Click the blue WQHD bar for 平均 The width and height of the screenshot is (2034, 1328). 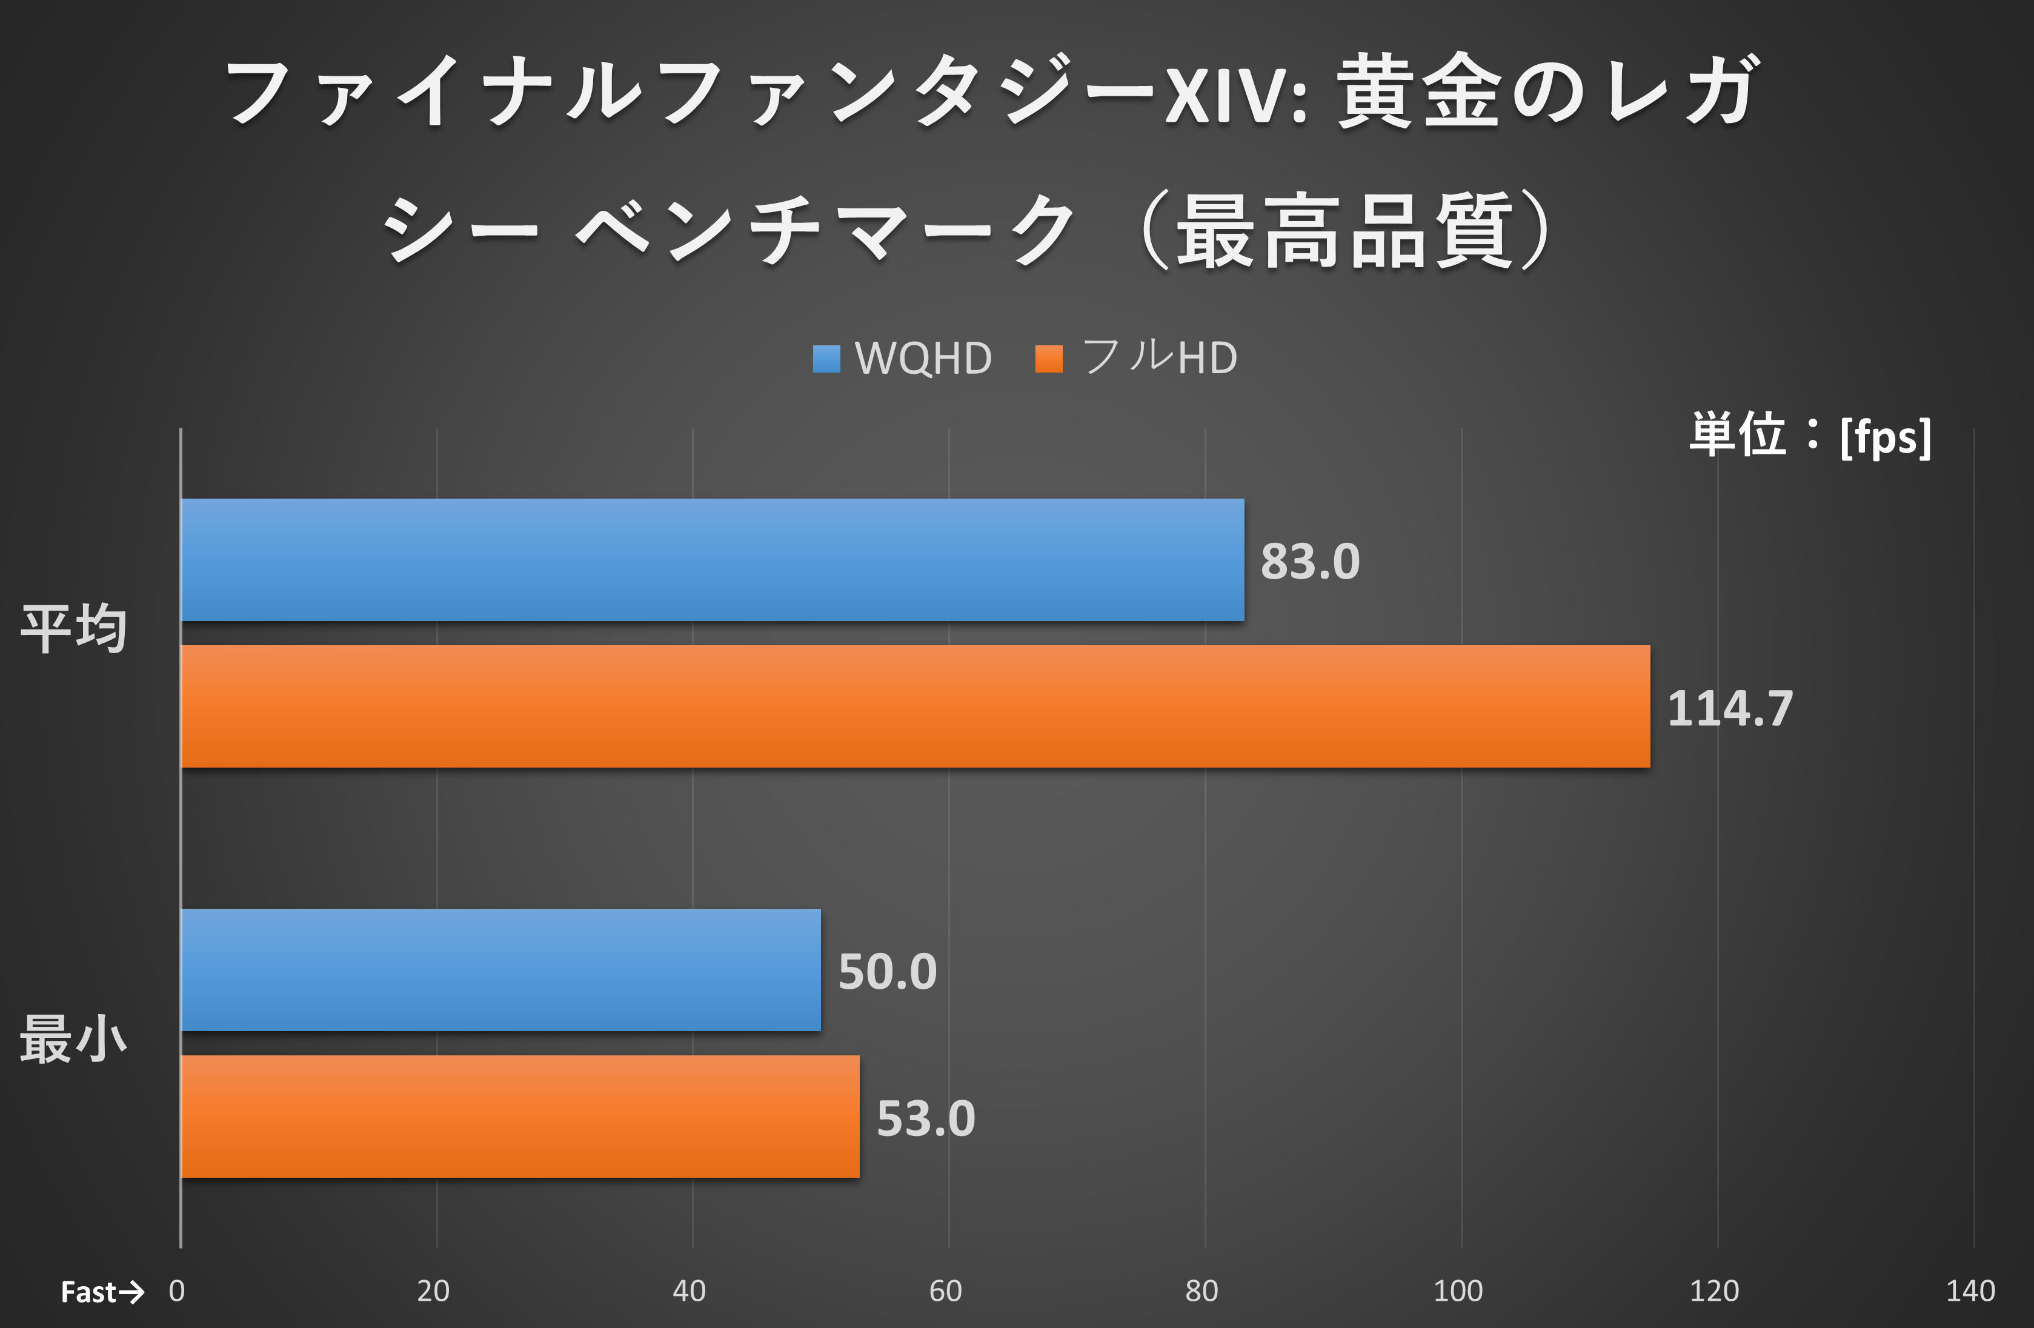tap(712, 560)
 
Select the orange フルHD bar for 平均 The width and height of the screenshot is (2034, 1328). tap(914, 707)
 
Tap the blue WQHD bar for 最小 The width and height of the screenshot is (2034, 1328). tap(500, 970)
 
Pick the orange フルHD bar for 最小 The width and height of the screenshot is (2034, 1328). tap(520, 1117)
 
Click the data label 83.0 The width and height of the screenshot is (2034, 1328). tap(1309, 562)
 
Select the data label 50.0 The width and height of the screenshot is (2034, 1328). tap(887, 972)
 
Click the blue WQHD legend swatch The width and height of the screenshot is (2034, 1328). tap(826, 359)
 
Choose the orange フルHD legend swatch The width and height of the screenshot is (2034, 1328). tap(1049, 359)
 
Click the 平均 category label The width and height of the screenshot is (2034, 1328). tap(73, 629)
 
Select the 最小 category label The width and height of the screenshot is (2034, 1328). tap(73, 1039)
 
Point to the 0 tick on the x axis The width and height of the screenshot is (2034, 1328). tap(177, 1290)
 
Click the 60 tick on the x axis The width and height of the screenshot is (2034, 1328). tap(945, 1290)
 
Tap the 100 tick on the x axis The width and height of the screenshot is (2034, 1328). tap(1457, 1290)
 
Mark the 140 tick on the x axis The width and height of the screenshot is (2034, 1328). tap(1970, 1290)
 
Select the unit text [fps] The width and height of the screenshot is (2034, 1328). tap(1886, 437)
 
